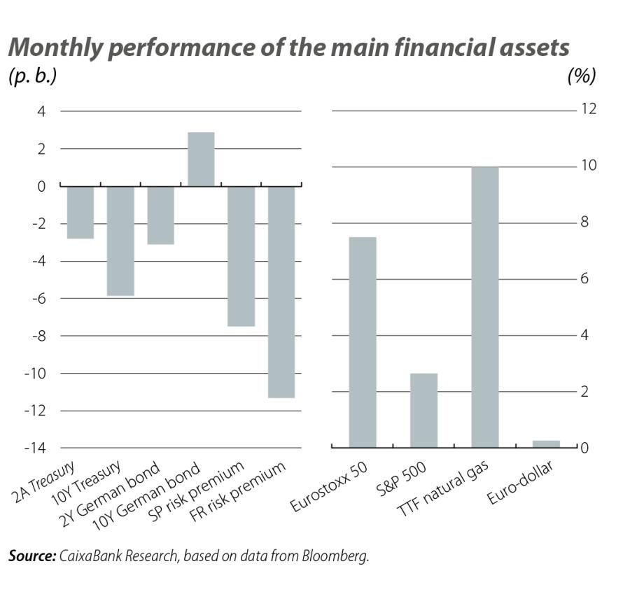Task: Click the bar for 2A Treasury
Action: tap(80, 212)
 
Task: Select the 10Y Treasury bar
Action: tap(120, 241)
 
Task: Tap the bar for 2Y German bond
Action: tap(160, 215)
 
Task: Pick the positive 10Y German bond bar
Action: tap(200, 159)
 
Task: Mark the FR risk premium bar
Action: tap(281, 292)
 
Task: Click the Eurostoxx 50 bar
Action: tap(363, 342)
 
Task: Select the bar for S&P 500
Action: tap(423, 410)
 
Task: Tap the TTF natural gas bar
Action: tap(485, 306)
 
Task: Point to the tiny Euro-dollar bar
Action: tap(546, 444)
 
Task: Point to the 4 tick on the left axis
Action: tap(41, 111)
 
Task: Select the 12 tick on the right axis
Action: tap(587, 111)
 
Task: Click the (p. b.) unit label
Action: tap(32, 76)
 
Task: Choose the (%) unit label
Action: tap(580, 76)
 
